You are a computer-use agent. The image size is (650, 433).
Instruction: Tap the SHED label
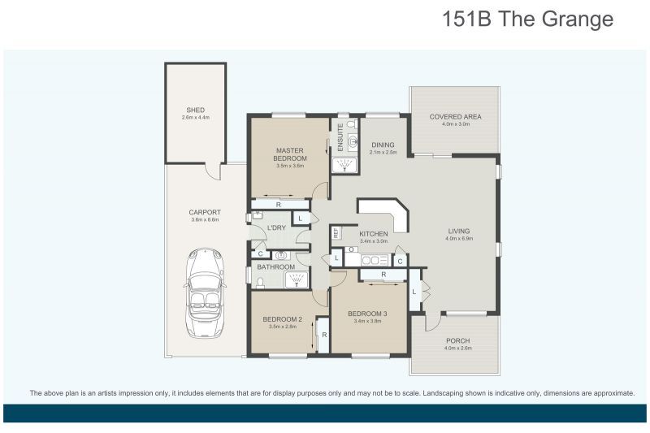(195, 110)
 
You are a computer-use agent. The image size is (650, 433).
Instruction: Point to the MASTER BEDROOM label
(289, 154)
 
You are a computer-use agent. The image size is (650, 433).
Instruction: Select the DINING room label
(382, 145)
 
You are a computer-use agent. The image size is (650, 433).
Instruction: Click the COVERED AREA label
(455, 117)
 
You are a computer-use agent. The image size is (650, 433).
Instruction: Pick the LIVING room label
(459, 231)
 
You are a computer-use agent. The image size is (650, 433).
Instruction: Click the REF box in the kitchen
(336, 232)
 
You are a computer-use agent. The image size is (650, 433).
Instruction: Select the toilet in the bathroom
(258, 282)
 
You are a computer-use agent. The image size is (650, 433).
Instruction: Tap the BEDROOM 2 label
(282, 319)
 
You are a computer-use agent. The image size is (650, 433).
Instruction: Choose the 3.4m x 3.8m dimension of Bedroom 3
(367, 322)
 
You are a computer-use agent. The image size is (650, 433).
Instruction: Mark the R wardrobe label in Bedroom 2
(324, 335)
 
